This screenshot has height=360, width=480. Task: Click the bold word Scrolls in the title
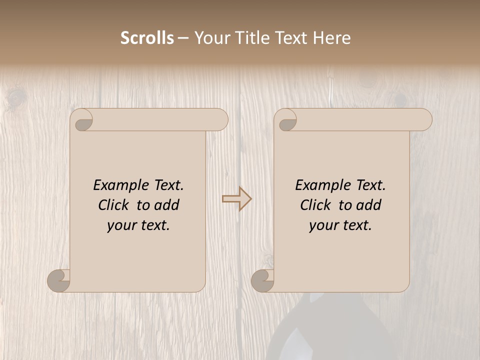pos(147,38)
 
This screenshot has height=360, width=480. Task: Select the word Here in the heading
pos(332,38)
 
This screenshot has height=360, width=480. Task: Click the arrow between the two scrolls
pos(237,199)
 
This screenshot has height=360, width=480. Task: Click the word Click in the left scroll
pos(114,205)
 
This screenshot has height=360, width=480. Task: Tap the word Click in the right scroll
pos(316,205)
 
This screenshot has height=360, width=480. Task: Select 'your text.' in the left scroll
pos(138,225)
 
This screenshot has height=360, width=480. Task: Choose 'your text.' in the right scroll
pos(340,225)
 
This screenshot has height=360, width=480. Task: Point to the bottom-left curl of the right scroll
pos(262,280)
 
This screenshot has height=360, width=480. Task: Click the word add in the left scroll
pos(166,205)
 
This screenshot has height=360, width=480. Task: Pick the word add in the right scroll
pos(368,205)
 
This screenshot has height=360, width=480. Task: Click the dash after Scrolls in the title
pos(183,38)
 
